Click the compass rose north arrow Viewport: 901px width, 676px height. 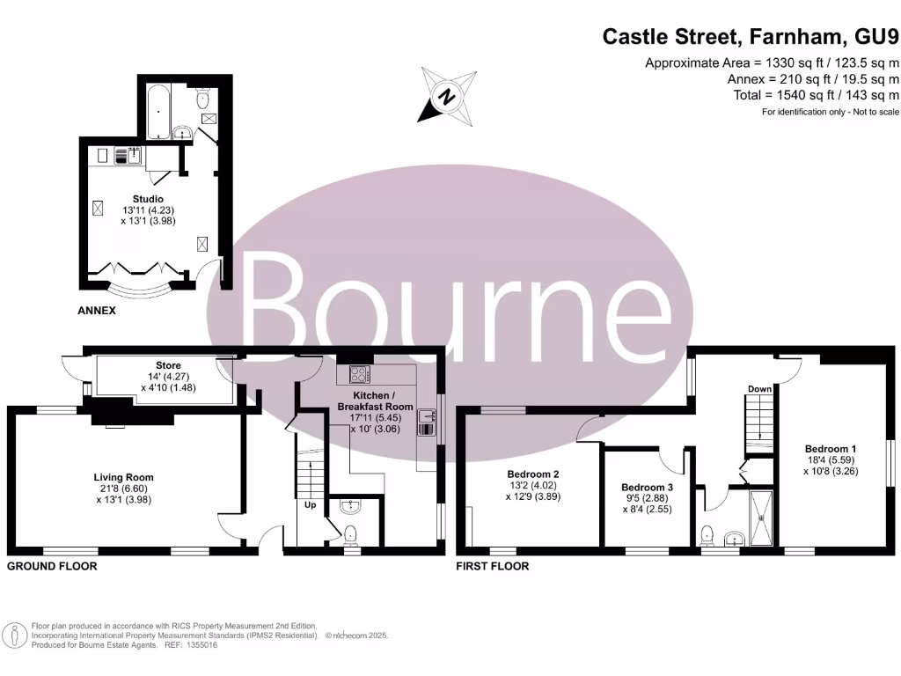pyautogui.click(x=446, y=96)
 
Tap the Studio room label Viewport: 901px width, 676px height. pyautogui.click(x=149, y=198)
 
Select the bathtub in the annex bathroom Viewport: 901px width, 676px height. pyautogui.click(x=158, y=113)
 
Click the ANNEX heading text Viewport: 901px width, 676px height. pyautogui.click(x=97, y=312)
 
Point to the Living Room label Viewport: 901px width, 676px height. pyautogui.click(x=124, y=478)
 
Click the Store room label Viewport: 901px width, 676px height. pyautogui.click(x=168, y=365)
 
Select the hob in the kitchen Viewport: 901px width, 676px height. pyautogui.click(x=360, y=374)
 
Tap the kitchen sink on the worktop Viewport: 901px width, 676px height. pyautogui.click(x=427, y=422)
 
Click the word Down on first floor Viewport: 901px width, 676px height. pyautogui.click(x=759, y=388)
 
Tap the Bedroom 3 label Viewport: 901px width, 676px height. pyautogui.click(x=647, y=488)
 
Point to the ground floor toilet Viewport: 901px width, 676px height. pyautogui.click(x=351, y=533)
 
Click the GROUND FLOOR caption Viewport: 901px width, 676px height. pyautogui.click(x=52, y=566)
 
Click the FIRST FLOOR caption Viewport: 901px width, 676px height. pyautogui.click(x=493, y=566)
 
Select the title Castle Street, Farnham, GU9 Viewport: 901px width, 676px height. pyautogui.click(x=751, y=37)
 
